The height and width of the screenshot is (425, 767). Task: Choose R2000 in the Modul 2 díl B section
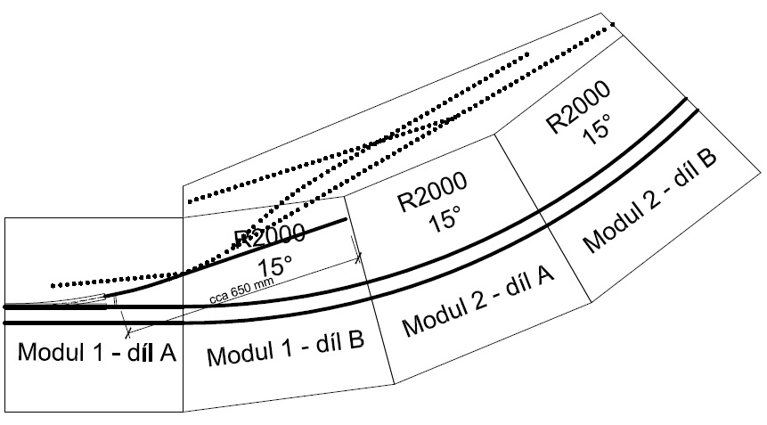(x=579, y=105)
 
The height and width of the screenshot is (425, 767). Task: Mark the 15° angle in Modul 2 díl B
(x=594, y=131)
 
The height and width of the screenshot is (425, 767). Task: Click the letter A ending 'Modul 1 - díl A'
(x=166, y=351)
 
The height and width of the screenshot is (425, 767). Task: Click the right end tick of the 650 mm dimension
(x=359, y=257)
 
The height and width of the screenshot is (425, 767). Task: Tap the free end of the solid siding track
(x=346, y=219)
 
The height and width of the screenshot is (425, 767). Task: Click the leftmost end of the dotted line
(x=53, y=285)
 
